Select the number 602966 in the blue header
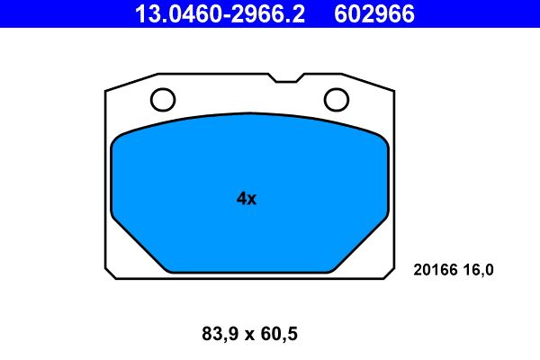374,13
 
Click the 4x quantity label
247,199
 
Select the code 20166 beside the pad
436,269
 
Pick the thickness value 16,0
480,269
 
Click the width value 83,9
220,335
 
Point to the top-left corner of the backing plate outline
106,91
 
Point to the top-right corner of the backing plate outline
394,91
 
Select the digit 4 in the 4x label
241,199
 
